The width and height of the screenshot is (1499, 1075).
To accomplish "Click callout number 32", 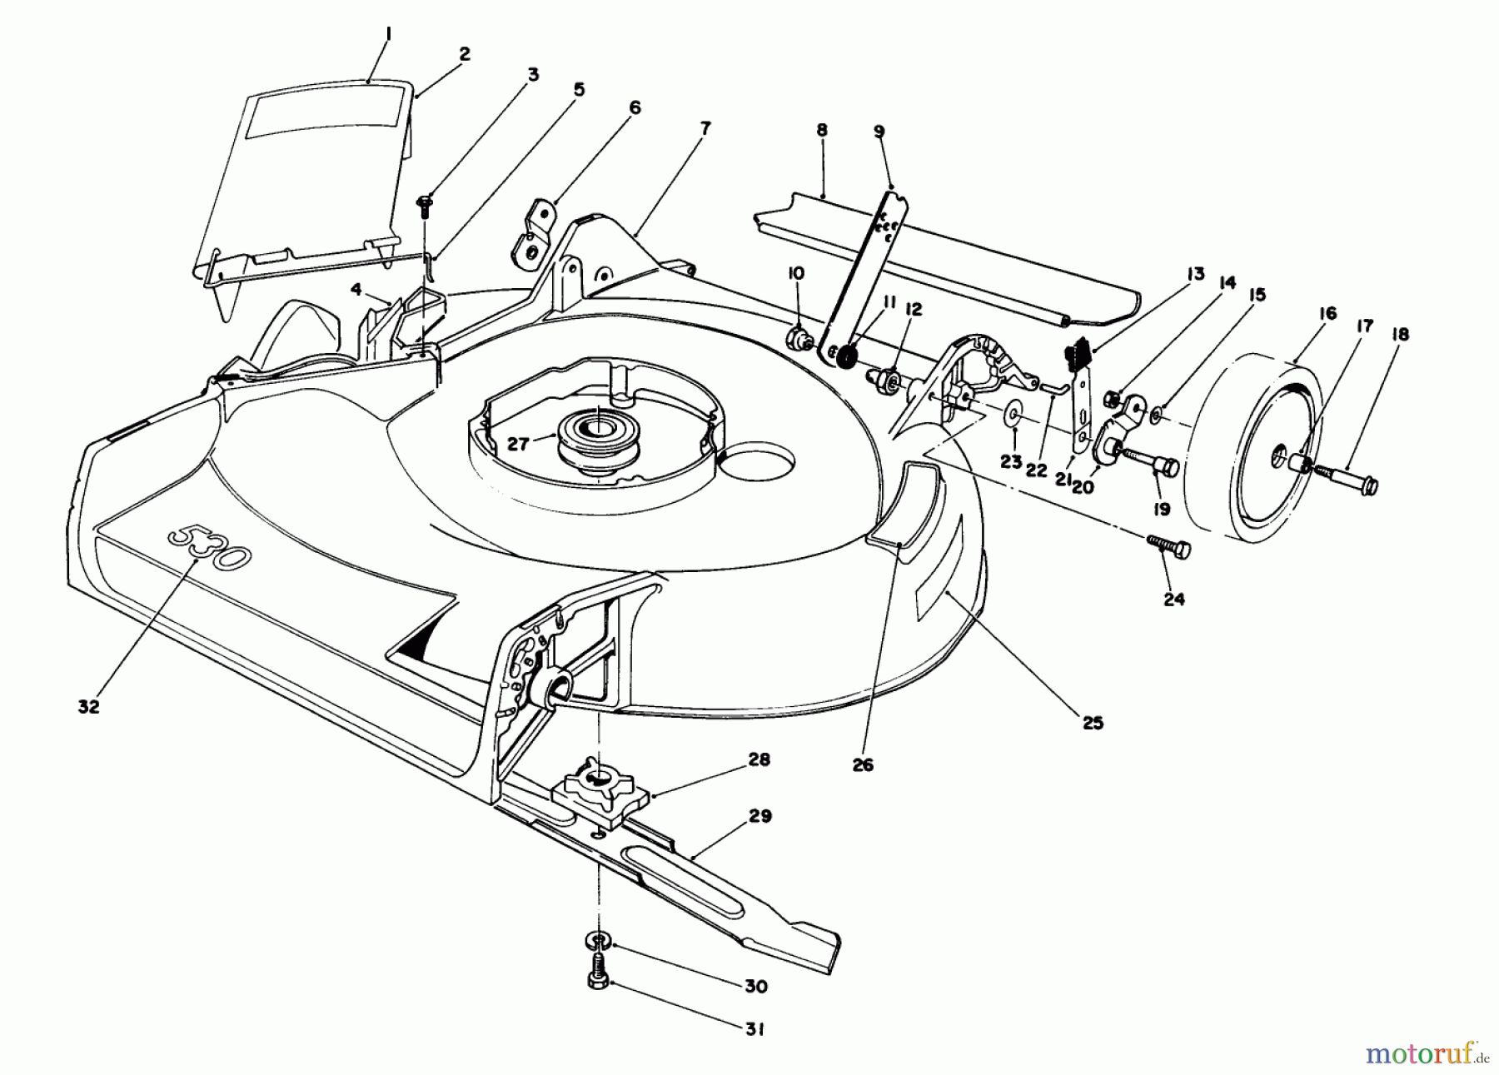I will (89, 706).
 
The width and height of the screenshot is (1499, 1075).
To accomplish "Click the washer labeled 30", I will (599, 941).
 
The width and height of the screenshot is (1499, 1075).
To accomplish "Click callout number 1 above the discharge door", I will (367, 35).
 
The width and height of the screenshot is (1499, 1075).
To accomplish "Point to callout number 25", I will (1093, 723).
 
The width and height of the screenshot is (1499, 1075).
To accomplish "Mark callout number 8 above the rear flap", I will (822, 131).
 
